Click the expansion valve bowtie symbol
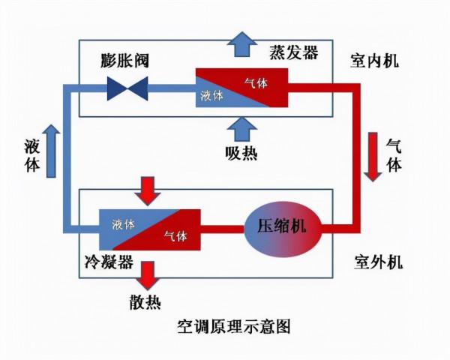coord(127,88)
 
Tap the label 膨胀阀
coord(125,60)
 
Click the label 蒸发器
coord(294,52)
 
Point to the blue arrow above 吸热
coord(241,129)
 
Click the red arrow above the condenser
coord(150,190)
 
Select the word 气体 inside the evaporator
coord(256,82)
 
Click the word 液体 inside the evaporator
coord(212,96)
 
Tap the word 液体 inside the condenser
coord(124,223)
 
